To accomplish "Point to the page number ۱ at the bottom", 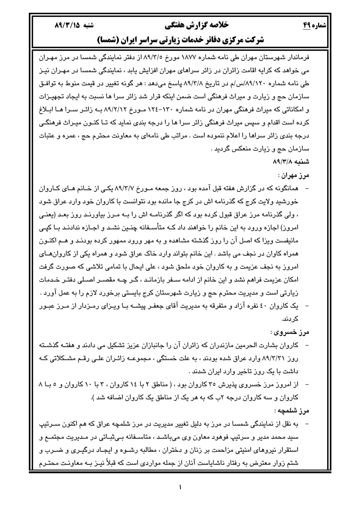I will coord(180,487).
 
